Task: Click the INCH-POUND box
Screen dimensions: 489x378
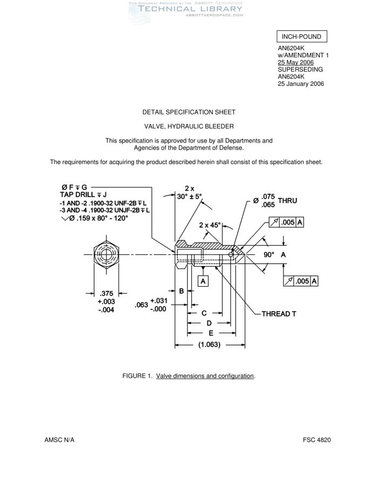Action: (x=302, y=37)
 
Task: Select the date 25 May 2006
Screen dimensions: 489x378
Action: (x=296, y=63)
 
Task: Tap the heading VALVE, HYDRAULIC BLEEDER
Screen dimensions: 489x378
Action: (x=188, y=126)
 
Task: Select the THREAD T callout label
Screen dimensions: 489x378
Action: (x=279, y=314)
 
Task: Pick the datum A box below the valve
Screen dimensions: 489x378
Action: (x=204, y=281)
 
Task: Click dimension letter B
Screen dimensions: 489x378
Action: (x=182, y=291)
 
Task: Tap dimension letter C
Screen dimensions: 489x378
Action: (x=204, y=313)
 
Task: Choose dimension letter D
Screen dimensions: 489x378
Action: (x=208, y=323)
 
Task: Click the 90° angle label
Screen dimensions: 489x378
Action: (x=269, y=254)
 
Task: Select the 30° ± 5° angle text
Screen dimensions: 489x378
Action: (x=190, y=196)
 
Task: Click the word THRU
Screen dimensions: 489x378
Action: (x=288, y=200)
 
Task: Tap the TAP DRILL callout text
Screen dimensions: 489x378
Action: (x=83, y=194)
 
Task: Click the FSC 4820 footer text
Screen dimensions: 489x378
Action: (x=316, y=440)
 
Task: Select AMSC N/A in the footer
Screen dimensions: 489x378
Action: (x=59, y=440)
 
